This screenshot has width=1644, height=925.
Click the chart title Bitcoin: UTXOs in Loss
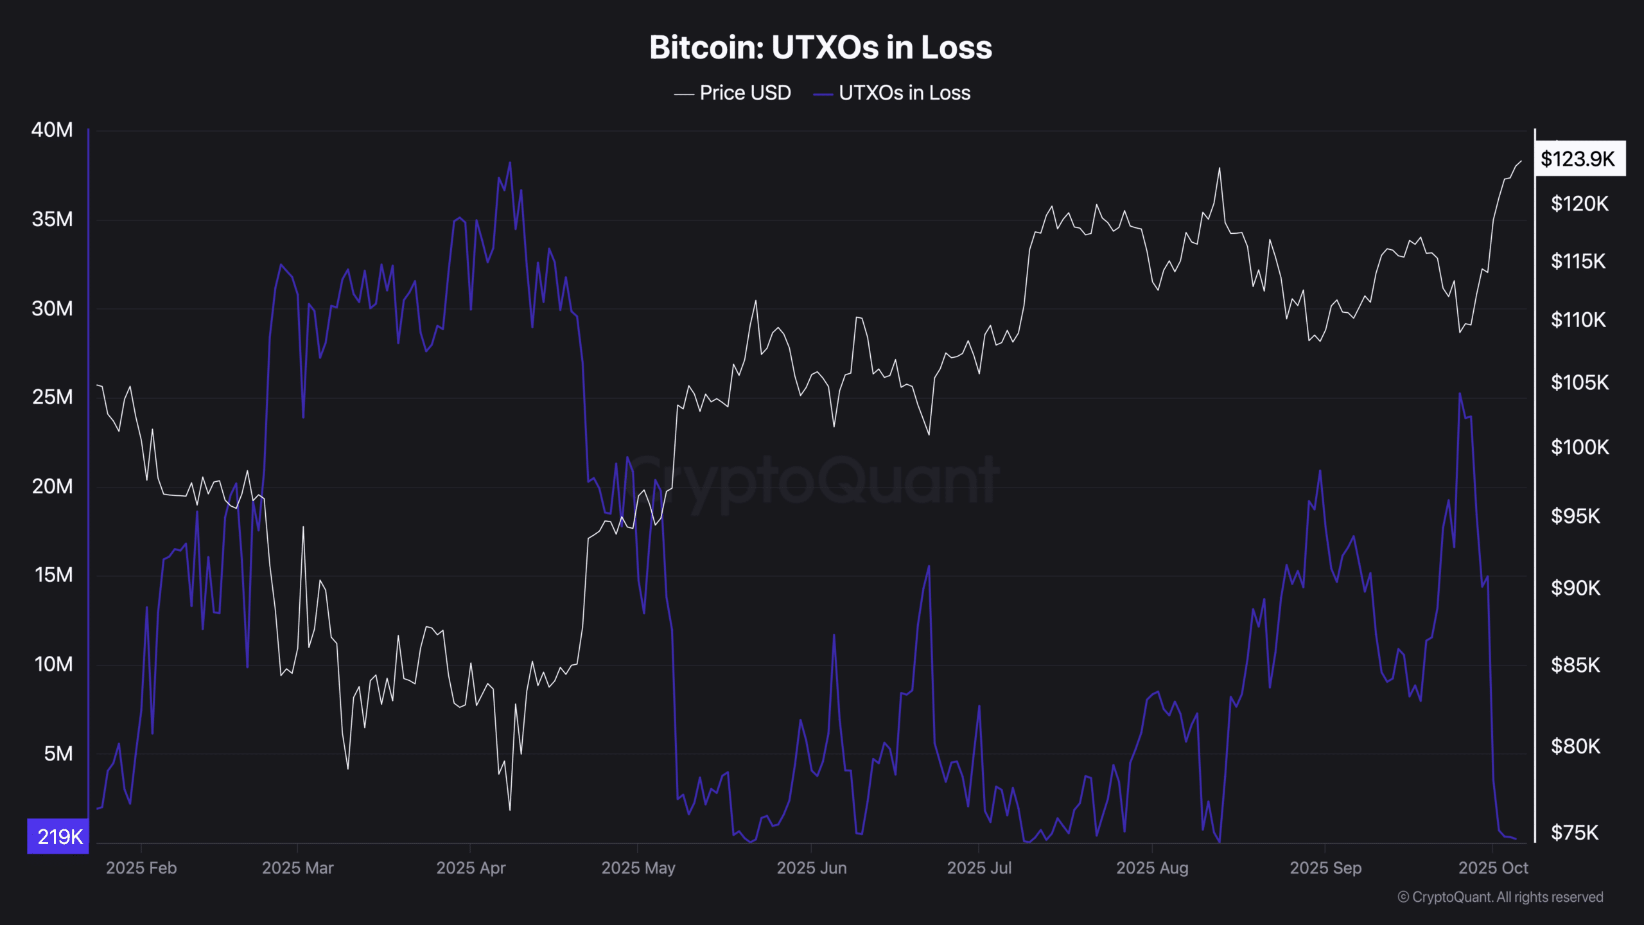pos(820,48)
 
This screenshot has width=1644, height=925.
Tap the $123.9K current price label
pos(1578,159)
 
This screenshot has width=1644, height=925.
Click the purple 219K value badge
pos(58,836)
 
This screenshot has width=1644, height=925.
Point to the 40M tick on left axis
pos(52,130)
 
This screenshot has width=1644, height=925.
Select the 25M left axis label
pos(52,397)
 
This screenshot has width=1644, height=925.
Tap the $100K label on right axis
pos(1579,447)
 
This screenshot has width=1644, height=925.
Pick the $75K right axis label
pos(1574,833)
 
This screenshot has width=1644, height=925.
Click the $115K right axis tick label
pos(1578,261)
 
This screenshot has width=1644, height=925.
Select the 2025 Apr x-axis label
pos(471,868)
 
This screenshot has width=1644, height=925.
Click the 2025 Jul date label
pos(979,868)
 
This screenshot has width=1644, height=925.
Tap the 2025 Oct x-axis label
pos(1492,868)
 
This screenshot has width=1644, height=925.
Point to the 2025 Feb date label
pos(141,868)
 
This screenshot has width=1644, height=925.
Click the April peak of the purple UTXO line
pos(510,163)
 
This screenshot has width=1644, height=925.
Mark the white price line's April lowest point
pos(510,809)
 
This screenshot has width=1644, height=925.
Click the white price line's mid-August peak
pos(1219,169)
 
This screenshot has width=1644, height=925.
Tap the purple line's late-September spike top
pos(1459,394)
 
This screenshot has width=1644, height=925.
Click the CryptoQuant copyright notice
pos(1500,897)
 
